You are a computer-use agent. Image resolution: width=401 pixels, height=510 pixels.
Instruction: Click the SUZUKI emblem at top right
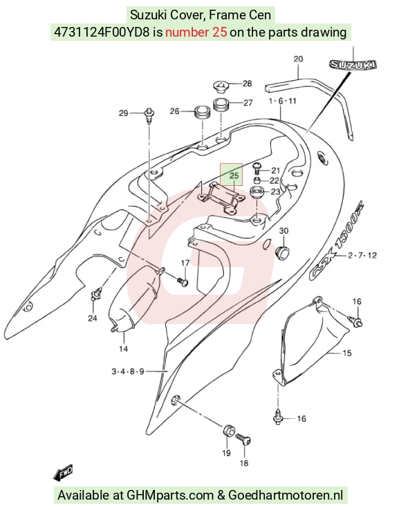tap(353, 65)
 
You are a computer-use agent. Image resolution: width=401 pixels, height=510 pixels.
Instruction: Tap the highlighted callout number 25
tap(234, 176)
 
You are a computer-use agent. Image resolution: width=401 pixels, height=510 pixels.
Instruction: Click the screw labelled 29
tap(149, 116)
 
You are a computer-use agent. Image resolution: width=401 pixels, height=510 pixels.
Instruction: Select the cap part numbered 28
tap(221, 86)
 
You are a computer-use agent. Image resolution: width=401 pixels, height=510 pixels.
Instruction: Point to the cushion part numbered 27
tap(221, 105)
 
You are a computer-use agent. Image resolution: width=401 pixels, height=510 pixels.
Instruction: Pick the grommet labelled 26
tap(202, 112)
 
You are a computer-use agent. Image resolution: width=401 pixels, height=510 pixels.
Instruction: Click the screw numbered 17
tap(183, 281)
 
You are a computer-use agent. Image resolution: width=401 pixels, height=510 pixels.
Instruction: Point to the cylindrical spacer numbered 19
tap(228, 431)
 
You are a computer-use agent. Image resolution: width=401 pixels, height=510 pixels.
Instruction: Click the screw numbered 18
tap(243, 440)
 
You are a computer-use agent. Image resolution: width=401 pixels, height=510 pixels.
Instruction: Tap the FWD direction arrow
tap(63, 473)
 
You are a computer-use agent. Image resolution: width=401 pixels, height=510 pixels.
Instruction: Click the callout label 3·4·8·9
tap(128, 371)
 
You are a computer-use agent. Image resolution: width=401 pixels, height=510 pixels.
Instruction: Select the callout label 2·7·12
tap(362, 255)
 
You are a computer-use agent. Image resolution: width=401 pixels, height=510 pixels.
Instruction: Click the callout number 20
tap(298, 59)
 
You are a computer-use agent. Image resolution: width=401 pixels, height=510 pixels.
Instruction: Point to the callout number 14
tap(123, 349)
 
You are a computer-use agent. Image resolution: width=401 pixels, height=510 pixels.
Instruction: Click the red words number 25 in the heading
tap(196, 32)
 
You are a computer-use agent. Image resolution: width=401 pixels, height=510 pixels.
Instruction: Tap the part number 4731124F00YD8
tap(102, 32)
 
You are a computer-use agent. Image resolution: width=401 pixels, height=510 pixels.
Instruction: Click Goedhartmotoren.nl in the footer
tap(286, 495)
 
